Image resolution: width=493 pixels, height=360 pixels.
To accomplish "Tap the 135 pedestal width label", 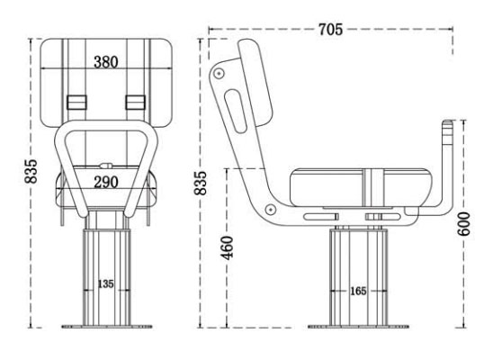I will (x=107, y=284).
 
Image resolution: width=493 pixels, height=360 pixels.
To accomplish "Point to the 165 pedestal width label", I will (x=358, y=291).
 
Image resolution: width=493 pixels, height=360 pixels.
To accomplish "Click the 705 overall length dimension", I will (x=329, y=30).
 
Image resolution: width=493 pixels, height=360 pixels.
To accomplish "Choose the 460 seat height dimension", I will (x=227, y=244).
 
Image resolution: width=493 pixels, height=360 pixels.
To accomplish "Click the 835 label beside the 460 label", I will (x=201, y=182).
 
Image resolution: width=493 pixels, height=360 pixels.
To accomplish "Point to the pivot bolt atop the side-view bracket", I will (x=220, y=71).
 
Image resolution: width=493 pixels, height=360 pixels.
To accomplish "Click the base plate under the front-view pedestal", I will (x=106, y=327).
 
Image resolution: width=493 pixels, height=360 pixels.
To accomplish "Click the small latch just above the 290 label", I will (x=106, y=166).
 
